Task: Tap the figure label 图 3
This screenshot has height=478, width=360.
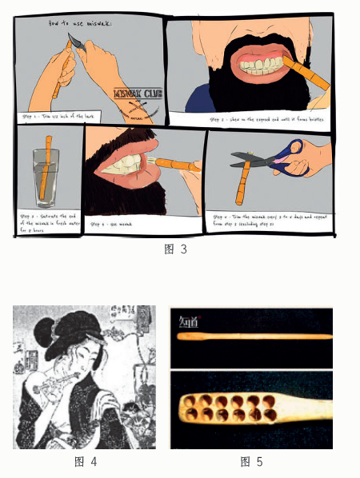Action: click(x=174, y=249)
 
